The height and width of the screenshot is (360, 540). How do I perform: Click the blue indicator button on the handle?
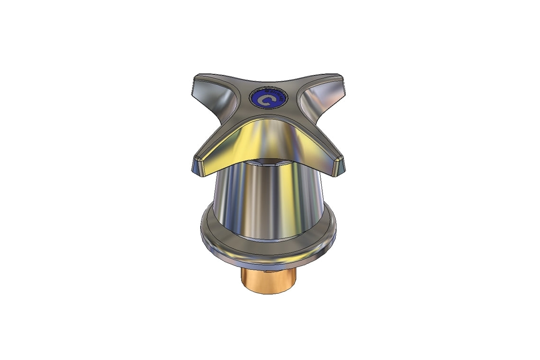point(269,99)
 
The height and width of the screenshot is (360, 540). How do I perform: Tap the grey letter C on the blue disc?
point(267,100)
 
